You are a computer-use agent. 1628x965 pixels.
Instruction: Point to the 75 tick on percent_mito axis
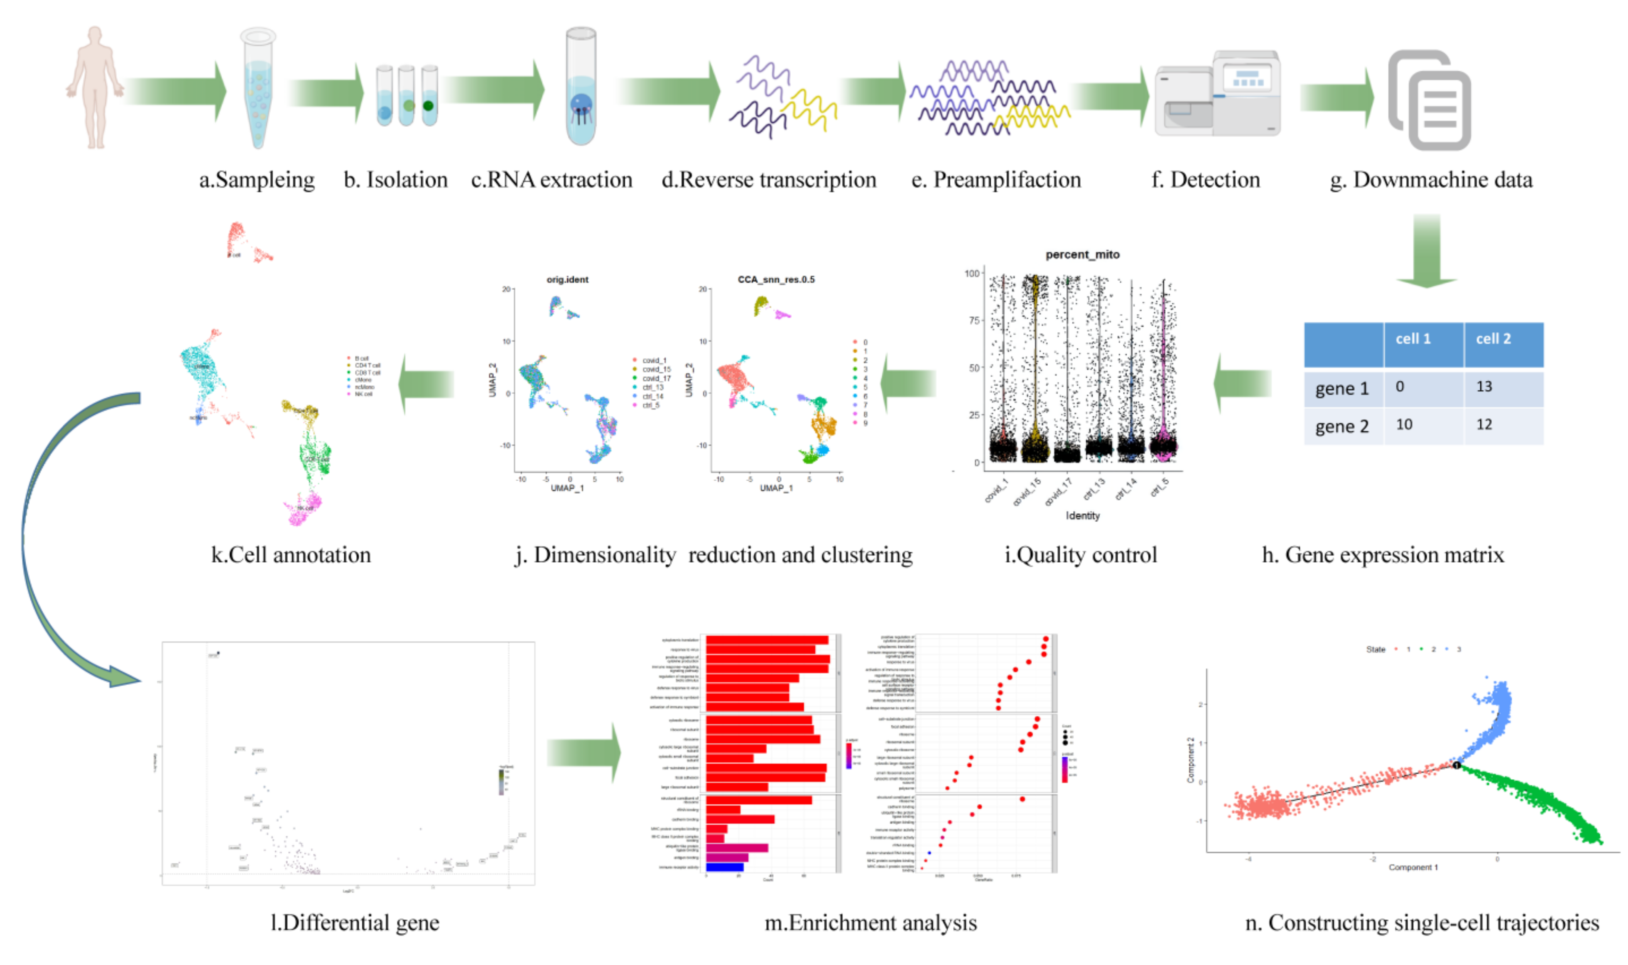pyautogui.click(x=973, y=321)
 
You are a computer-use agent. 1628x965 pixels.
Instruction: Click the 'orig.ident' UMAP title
pyautogui.click(x=567, y=279)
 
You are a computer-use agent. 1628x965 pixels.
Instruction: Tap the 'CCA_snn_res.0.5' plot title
pyautogui.click(x=776, y=279)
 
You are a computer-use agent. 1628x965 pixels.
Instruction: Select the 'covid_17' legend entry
pyautogui.click(x=656, y=378)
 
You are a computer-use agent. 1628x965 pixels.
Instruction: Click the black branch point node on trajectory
pyautogui.click(x=1457, y=765)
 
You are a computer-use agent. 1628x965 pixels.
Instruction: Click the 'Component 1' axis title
pyautogui.click(x=1413, y=867)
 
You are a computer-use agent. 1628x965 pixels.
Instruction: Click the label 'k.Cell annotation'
pyautogui.click(x=291, y=555)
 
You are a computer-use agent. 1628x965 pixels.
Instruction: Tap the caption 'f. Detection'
pyautogui.click(x=1205, y=179)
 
